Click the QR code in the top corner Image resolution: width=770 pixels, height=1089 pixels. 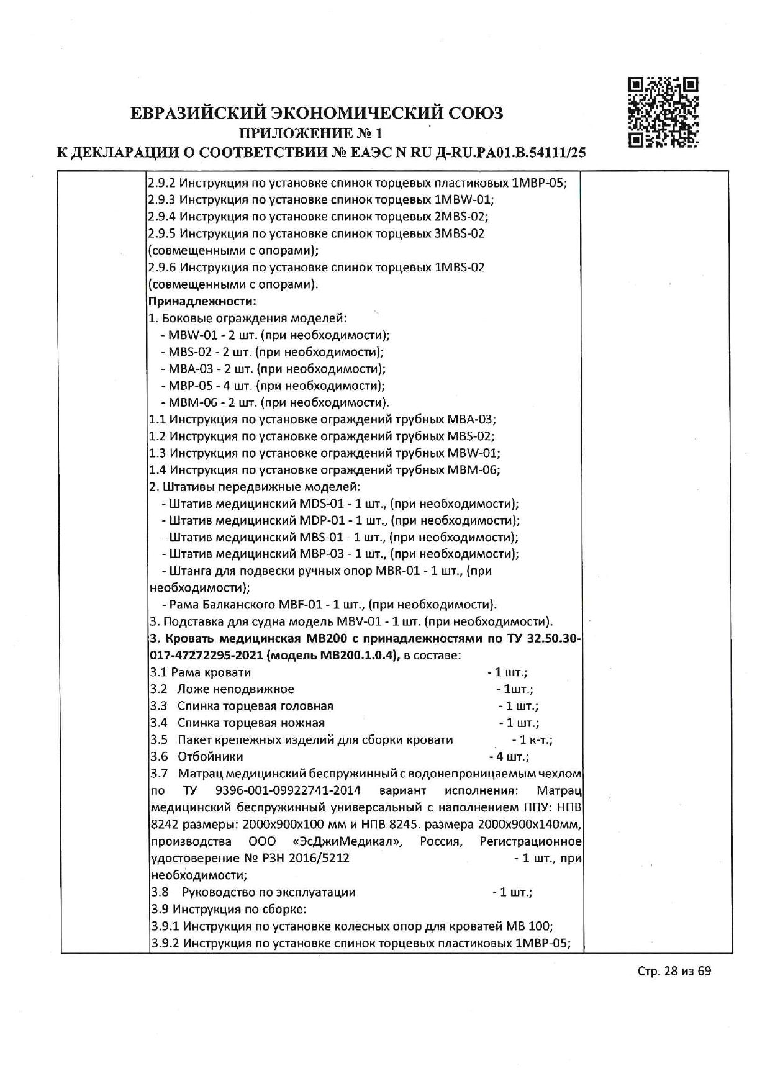(663, 112)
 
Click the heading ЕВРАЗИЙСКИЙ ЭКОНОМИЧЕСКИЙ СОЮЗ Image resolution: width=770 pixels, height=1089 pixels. (317, 113)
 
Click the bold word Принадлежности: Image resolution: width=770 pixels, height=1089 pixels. (202, 302)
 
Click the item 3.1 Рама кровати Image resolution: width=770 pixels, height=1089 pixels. (201, 672)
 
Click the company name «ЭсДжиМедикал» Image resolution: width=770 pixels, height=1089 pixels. (346, 842)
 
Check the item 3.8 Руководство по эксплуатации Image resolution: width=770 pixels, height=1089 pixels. (255, 892)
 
